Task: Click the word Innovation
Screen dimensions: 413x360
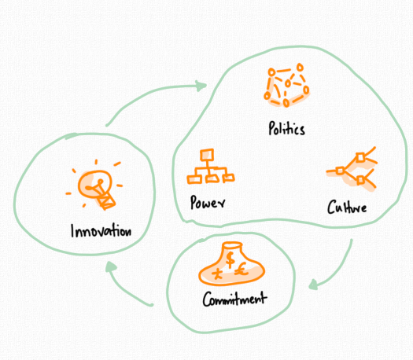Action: click(101, 231)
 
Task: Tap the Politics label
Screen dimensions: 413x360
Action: click(286, 128)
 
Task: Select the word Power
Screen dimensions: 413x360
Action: click(208, 202)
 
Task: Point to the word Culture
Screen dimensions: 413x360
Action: click(347, 207)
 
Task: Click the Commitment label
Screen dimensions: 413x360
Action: click(234, 299)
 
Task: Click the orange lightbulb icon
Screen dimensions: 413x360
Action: click(96, 187)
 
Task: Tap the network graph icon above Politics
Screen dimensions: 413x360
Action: click(286, 85)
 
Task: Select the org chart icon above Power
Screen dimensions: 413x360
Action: click(211, 167)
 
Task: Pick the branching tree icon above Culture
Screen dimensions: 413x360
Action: click(352, 169)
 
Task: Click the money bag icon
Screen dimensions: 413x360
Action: click(232, 264)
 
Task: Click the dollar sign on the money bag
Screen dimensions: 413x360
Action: click(230, 259)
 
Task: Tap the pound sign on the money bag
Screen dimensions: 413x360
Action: click(242, 269)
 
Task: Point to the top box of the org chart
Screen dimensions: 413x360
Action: click(207, 155)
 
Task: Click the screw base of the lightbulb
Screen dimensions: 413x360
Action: click(106, 201)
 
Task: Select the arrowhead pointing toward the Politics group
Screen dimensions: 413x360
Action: click(201, 86)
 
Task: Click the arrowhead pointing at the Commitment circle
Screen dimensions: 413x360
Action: click(313, 285)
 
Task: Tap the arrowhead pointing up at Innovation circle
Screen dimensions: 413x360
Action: click(111, 267)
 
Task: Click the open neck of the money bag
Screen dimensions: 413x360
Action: click(232, 245)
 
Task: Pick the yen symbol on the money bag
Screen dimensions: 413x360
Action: click(218, 274)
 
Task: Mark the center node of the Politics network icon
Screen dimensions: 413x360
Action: click(288, 83)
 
